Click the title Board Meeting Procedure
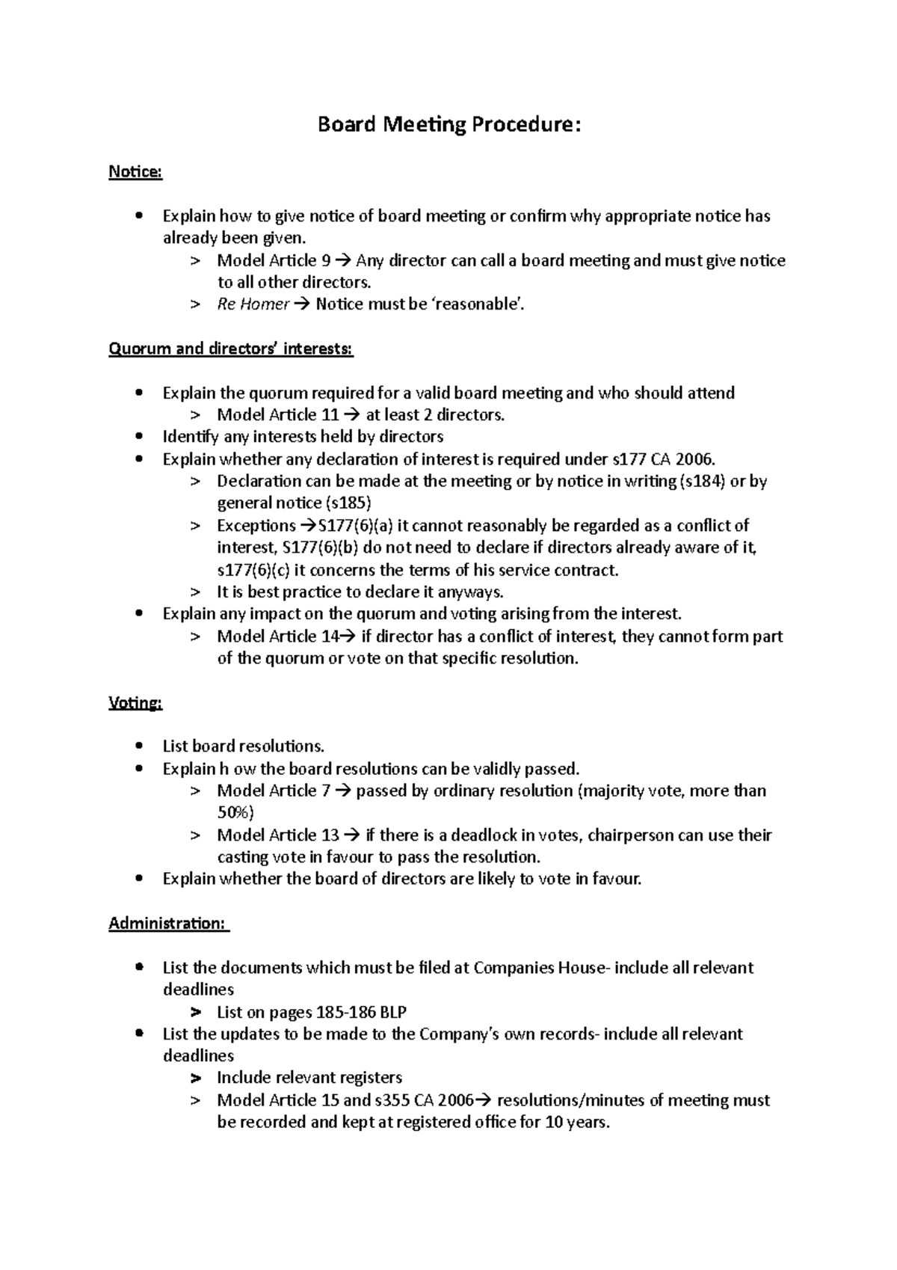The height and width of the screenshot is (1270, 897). point(449,124)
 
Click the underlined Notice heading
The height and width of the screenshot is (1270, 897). point(135,172)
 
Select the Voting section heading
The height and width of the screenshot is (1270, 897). point(135,703)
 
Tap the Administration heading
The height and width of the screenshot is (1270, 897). point(167,924)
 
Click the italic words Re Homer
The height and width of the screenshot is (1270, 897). point(253,304)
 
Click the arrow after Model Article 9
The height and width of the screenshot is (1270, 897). point(343,261)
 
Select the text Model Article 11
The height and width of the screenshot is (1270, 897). point(277,415)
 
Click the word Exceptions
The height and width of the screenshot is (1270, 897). point(256,526)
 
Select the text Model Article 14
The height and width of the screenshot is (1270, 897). point(277,636)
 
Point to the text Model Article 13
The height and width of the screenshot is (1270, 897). point(277,835)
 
